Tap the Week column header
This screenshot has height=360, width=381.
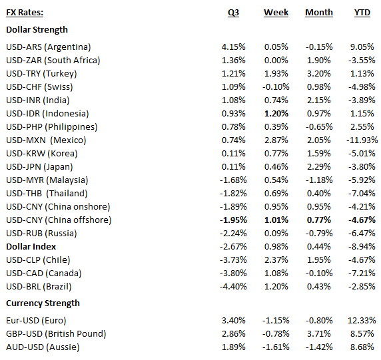pyautogui.click(x=276, y=13)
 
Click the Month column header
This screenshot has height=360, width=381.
pyautogui.click(x=319, y=13)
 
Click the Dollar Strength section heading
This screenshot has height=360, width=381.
pyautogui.click(x=37, y=30)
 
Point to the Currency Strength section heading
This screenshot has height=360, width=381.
pyautogui.click(x=43, y=303)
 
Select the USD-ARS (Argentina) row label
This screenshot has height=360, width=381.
pyautogui.click(x=48, y=47)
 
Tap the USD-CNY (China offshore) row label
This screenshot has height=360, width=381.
pyautogui.click(x=58, y=220)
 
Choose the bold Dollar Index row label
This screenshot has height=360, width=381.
pyautogui.click(x=31, y=246)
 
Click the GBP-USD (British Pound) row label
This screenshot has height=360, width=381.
pyautogui.click(x=57, y=333)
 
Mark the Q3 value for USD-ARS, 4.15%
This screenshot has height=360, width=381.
pyautogui.click(x=233, y=47)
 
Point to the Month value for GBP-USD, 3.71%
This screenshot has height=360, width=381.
pyautogui.click(x=319, y=333)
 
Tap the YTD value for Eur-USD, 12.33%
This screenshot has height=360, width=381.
pyautogui.click(x=364, y=319)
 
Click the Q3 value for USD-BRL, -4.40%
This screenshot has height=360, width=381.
pyautogui.click(x=233, y=286)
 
